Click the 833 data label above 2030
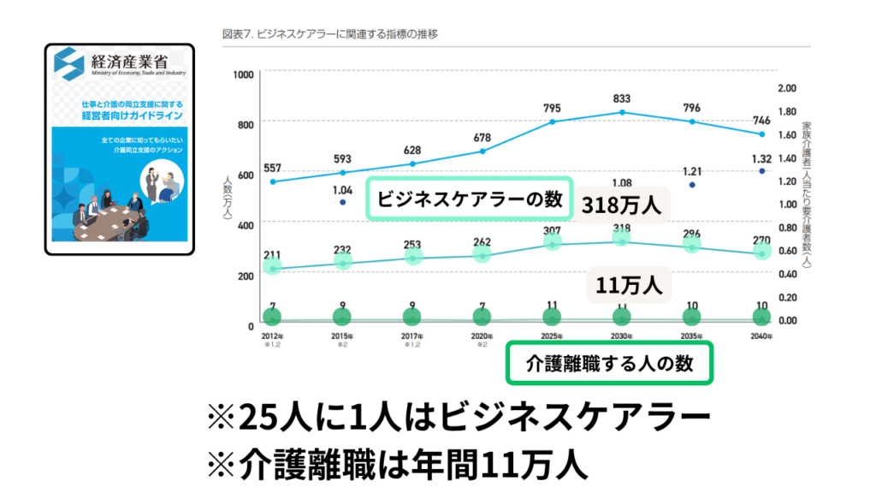[x=622, y=99]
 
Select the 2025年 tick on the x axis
[x=552, y=336]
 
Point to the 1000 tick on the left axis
[x=243, y=75]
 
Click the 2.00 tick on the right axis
[x=787, y=87]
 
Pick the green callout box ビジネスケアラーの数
[x=469, y=199]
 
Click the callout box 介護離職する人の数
[x=609, y=363]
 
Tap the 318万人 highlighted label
[x=623, y=205]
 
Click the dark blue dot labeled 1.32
[x=761, y=171]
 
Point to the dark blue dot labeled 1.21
[x=691, y=185]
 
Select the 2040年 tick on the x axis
[x=761, y=336]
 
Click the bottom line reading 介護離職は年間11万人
[x=397, y=466]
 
